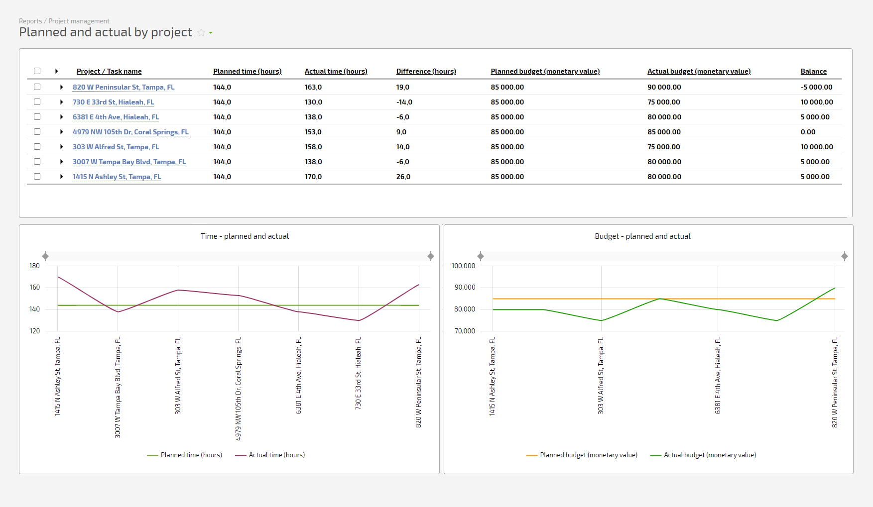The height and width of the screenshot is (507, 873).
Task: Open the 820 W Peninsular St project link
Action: pos(124,87)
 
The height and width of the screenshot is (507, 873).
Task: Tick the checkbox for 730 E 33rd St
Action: pos(37,101)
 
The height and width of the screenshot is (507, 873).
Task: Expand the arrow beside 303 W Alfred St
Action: pos(61,147)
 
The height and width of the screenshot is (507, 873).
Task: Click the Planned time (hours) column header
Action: pos(248,71)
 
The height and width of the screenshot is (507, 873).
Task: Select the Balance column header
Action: pos(814,71)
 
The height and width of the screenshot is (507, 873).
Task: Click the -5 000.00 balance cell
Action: pos(817,87)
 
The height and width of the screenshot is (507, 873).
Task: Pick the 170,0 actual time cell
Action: pos(313,177)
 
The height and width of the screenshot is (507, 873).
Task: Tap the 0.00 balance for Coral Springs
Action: pos(808,132)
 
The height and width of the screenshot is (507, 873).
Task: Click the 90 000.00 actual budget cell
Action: pos(664,87)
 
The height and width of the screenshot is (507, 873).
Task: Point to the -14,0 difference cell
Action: pos(404,102)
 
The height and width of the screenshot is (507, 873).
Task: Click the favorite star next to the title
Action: pos(201,32)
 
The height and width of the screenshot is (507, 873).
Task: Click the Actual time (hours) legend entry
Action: pos(270,455)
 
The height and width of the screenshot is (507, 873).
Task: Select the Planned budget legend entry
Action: pos(582,455)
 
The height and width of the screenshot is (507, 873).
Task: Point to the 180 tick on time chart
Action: pos(34,266)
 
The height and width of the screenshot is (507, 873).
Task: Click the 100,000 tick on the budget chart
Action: pos(463,266)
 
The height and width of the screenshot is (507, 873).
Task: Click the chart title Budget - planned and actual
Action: pos(642,236)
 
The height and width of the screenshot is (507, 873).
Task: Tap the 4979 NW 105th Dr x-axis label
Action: pos(238,389)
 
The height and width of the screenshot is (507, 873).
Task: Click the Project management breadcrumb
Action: pos(79,21)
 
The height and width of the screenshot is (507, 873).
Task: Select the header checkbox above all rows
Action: pos(37,71)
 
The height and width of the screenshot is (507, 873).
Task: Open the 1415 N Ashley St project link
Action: pos(117,177)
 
